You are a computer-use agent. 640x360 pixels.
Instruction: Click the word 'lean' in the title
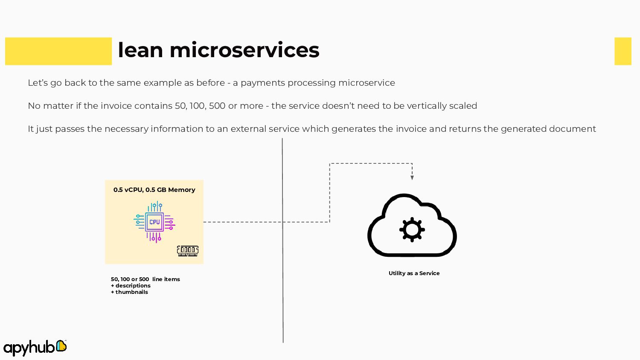coord(140,50)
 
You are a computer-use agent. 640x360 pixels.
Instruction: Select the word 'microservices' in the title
coord(244,50)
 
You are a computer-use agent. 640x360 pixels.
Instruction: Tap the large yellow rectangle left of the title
coord(58,51)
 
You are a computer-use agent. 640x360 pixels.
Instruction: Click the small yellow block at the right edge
coord(623,51)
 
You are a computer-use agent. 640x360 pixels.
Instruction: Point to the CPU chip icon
coord(154,222)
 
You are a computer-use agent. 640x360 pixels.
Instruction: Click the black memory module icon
coord(188,251)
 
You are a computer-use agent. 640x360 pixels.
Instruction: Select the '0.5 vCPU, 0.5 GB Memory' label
coord(154,190)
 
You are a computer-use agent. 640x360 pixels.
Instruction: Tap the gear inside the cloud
coord(412,229)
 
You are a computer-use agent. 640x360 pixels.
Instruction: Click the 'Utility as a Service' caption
coord(414,273)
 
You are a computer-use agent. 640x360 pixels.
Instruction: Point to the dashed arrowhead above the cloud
coord(412,177)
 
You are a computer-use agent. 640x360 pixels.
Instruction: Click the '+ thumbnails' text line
coord(130,292)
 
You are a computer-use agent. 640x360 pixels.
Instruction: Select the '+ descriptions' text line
coord(131,286)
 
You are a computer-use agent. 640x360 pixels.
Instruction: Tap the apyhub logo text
coord(29,348)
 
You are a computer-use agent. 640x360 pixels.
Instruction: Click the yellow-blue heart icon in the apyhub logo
coord(61,345)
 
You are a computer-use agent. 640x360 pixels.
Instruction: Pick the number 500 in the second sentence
coord(217,106)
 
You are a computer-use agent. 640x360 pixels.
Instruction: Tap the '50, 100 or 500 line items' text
coord(145,279)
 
